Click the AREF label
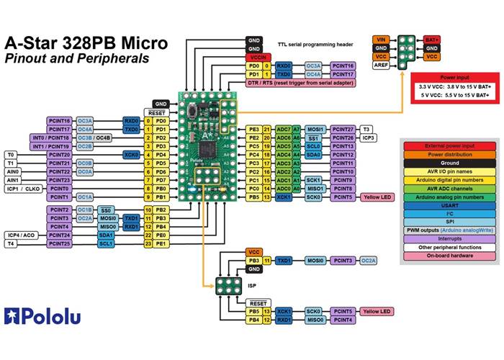[x=382, y=66]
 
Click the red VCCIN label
[x=254, y=56]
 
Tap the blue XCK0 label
[x=131, y=154]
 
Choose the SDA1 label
[x=107, y=235]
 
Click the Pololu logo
[x=43, y=315]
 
